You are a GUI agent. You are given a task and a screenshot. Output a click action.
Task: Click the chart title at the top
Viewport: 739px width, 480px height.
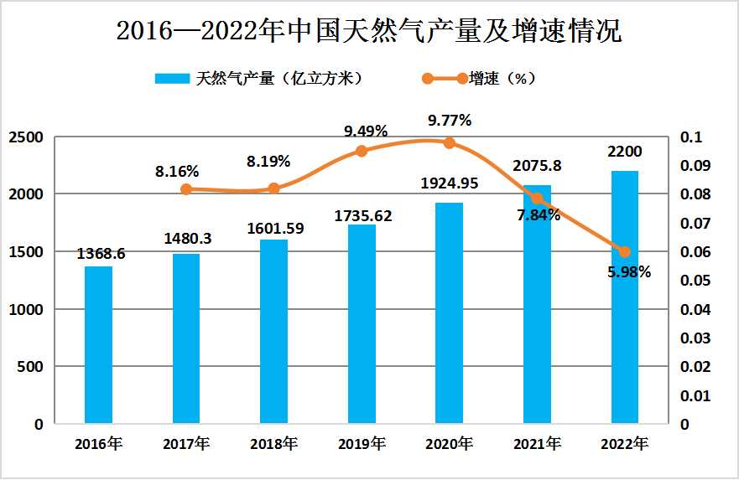[x=369, y=31]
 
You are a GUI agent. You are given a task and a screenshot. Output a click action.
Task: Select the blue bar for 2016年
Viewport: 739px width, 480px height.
[x=98, y=344]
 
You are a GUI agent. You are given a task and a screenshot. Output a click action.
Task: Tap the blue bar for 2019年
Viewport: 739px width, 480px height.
[x=362, y=323]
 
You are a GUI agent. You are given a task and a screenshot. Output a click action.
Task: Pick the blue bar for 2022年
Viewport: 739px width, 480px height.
[x=624, y=297]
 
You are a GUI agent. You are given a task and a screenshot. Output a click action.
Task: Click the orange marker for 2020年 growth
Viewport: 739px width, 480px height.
[x=450, y=142]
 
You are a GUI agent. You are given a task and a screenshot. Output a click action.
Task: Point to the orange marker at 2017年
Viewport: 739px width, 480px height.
[x=186, y=189]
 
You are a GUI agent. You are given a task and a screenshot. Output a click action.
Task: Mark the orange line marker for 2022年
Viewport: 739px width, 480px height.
[x=624, y=251]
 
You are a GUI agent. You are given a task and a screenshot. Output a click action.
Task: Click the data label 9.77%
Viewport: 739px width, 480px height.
[x=450, y=120]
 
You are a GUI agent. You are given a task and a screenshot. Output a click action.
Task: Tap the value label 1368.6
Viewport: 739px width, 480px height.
[x=101, y=254]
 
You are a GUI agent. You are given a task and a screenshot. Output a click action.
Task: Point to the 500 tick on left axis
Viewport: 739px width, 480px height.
[x=32, y=367]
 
